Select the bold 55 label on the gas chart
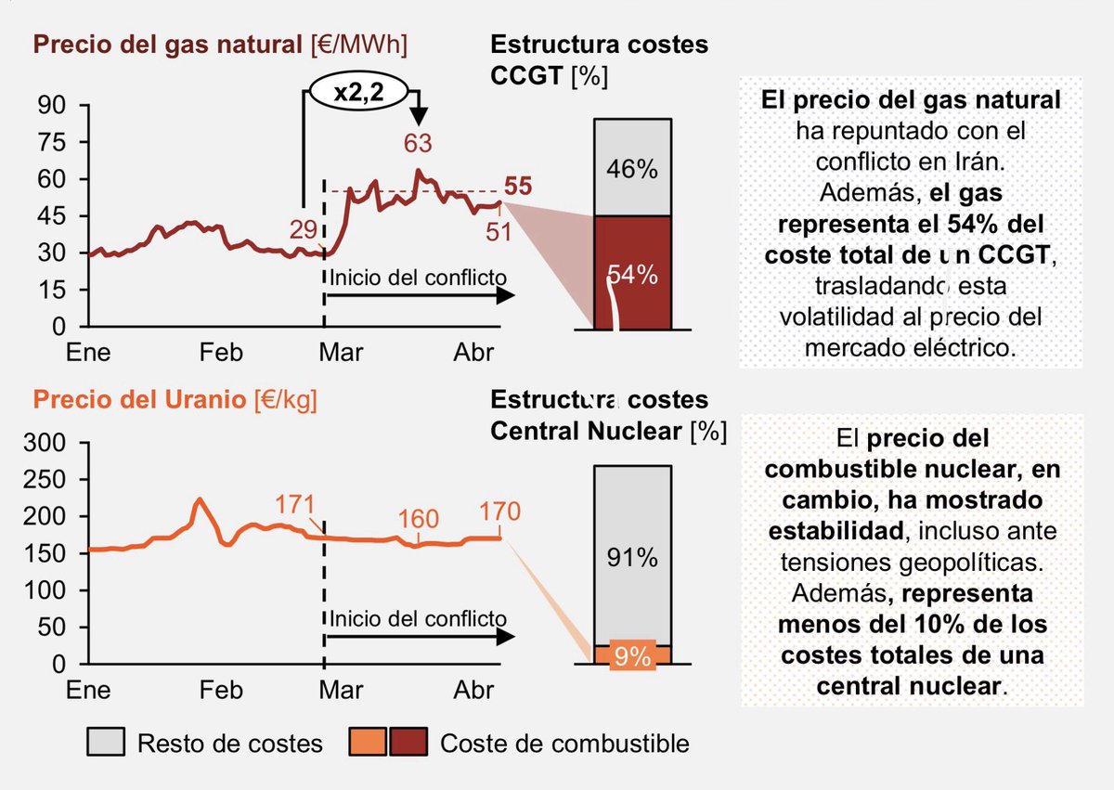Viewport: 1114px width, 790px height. click(518, 186)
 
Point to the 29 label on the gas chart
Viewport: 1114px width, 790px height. click(304, 229)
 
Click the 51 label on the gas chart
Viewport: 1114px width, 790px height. click(499, 230)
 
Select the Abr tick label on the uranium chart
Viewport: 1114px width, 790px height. click(474, 692)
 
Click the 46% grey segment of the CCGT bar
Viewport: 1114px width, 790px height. click(632, 168)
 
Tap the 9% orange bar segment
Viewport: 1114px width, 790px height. click(632, 654)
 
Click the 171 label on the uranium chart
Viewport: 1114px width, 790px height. click(295, 506)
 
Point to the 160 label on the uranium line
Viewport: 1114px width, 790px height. click(416, 518)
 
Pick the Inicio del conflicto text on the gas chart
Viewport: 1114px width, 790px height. click(418, 277)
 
